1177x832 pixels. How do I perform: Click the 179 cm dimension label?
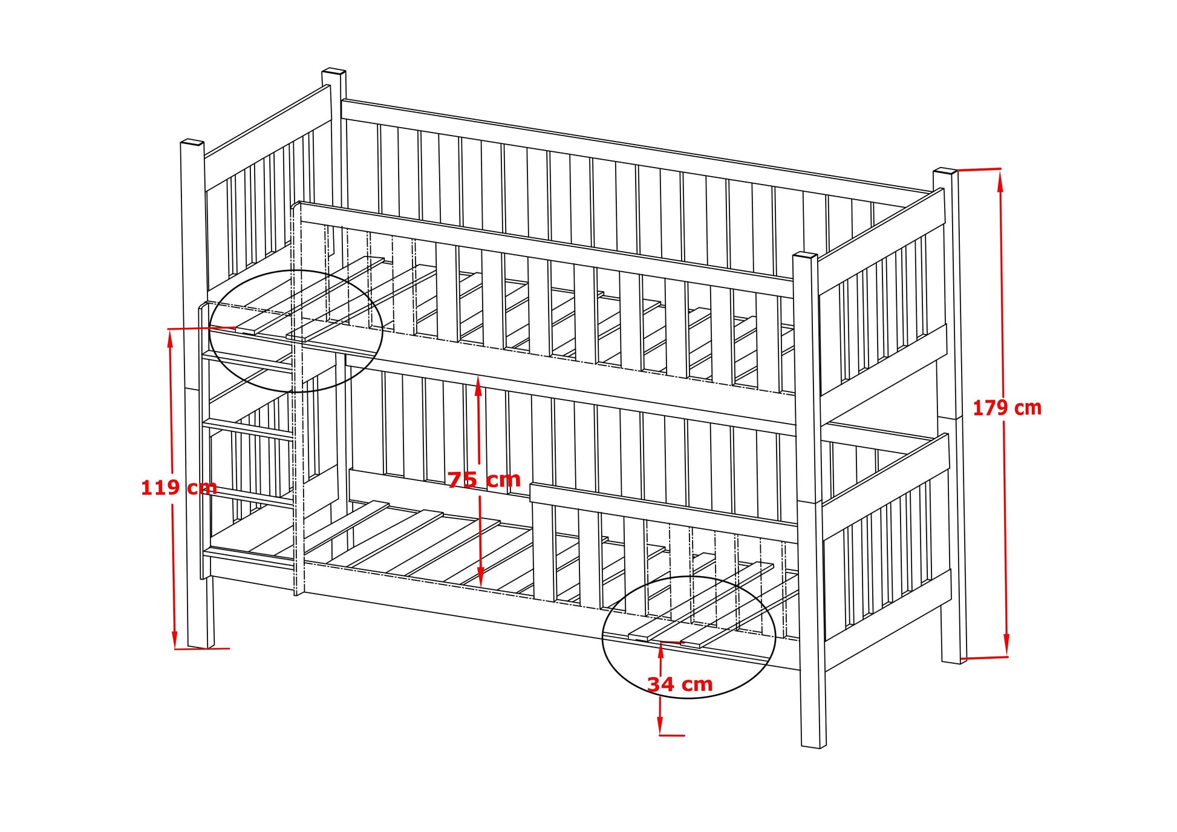[x=1006, y=408]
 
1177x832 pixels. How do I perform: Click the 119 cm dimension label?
[x=178, y=487]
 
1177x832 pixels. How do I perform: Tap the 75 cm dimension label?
[x=484, y=479]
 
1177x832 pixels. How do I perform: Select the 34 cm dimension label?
[x=680, y=684]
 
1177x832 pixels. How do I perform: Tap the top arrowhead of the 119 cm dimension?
[x=171, y=336]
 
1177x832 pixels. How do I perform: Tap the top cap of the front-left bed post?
[x=192, y=143]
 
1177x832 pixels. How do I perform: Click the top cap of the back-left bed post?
[x=333, y=71]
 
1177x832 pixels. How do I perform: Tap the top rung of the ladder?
[x=248, y=360]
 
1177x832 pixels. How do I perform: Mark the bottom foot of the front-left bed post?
[x=201, y=643]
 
